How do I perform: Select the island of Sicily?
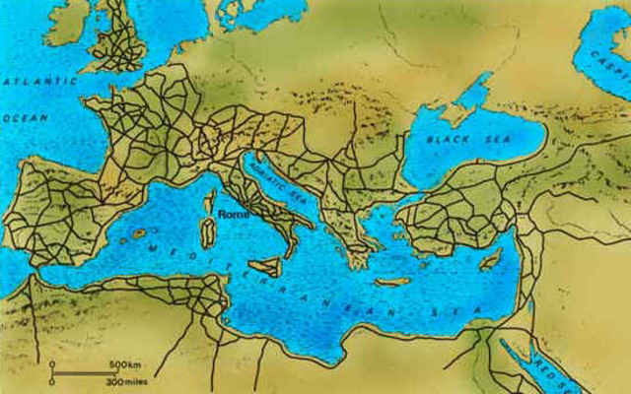[x=266, y=266]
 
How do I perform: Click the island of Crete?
[x=391, y=282]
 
